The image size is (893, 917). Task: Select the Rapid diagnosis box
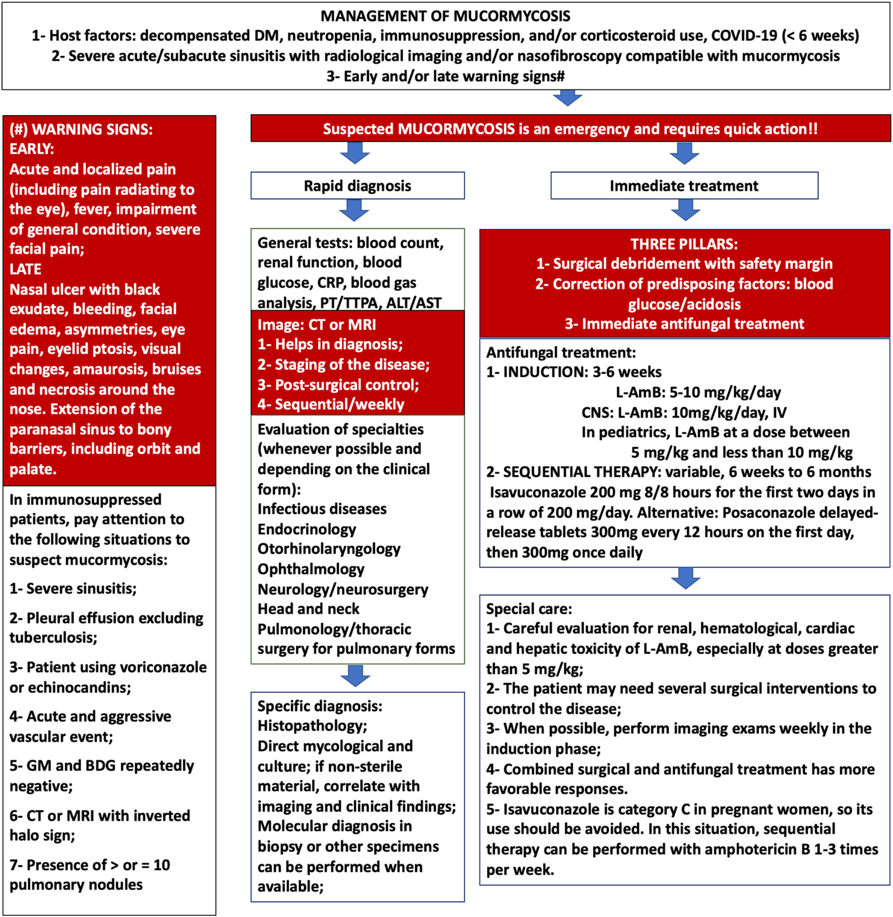point(357,186)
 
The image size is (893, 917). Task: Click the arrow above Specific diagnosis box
point(355,676)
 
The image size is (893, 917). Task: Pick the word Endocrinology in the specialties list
point(307,529)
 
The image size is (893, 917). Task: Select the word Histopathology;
point(312,726)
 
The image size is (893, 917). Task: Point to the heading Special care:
point(529,609)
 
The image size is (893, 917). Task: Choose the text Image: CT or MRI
point(317,325)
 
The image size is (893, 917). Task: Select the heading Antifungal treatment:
point(561,352)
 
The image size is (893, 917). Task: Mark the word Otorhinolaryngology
point(329,549)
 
